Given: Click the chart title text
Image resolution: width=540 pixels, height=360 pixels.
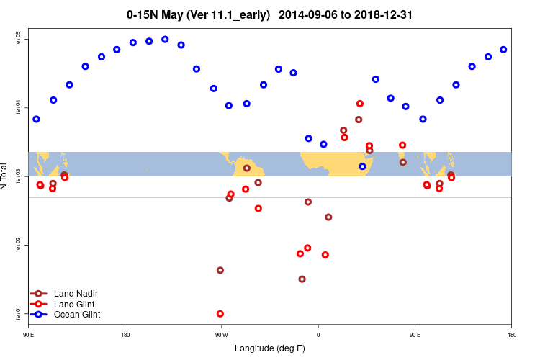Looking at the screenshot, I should (269, 14).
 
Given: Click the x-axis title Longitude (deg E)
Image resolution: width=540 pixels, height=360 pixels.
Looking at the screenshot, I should (270, 348).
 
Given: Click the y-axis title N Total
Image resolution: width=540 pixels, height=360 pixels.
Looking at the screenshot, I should (6, 176).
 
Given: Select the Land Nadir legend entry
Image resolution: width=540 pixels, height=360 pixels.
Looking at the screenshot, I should (76, 293).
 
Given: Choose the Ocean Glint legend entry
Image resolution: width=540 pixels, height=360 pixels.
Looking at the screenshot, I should (77, 315).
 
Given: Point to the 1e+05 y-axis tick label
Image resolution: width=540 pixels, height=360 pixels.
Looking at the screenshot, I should (19, 39).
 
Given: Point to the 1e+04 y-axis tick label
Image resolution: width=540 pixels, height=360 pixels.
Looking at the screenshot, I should (19, 108).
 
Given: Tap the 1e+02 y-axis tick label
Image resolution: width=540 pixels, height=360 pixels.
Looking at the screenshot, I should (19, 246).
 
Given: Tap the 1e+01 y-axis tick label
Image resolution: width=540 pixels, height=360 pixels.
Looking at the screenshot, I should (19, 314).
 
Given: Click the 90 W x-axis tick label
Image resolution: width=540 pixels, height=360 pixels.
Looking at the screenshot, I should (220, 335).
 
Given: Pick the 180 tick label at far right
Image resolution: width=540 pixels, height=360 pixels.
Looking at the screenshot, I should (511, 335).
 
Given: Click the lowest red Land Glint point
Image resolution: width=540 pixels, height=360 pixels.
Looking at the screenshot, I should (220, 314).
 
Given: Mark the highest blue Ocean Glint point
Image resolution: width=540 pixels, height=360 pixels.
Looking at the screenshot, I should (165, 40).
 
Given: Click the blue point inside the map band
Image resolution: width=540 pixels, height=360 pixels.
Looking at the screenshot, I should (362, 166).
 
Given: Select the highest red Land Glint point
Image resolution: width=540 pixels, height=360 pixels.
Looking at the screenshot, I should (360, 104).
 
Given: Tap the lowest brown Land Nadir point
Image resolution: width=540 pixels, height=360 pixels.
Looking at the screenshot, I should (302, 279).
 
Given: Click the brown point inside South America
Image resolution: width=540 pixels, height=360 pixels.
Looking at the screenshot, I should (247, 168).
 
